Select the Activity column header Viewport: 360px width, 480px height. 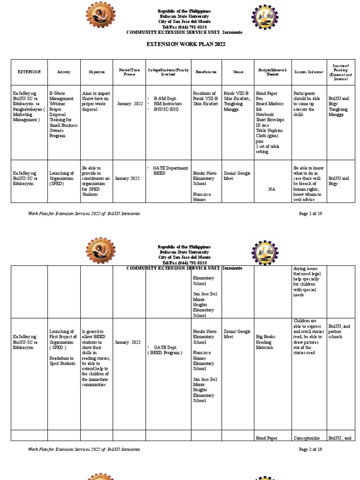(64, 72)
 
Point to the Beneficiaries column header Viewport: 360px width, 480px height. (206, 72)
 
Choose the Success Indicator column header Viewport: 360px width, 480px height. (309, 72)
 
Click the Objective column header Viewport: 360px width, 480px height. (97, 72)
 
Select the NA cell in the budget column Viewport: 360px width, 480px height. (272, 189)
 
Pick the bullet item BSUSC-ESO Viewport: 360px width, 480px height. (167, 109)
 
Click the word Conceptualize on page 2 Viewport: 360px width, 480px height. (307, 439)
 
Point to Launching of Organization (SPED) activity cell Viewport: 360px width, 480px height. (62, 179)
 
